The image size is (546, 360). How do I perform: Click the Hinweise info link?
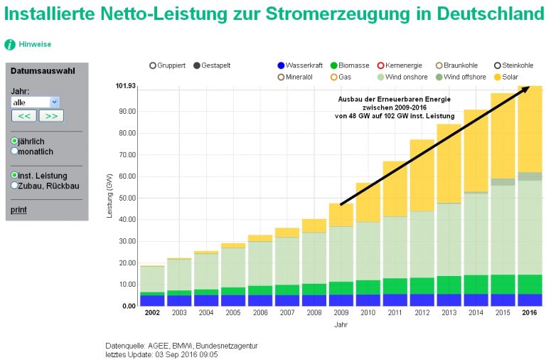[x=34, y=44]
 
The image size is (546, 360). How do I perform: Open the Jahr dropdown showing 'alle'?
[x=36, y=102]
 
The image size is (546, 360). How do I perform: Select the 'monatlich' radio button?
[x=15, y=152]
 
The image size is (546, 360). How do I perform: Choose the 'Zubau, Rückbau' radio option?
[x=15, y=186]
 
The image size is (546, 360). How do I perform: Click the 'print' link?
[x=18, y=209]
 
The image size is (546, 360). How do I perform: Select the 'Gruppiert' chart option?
[x=153, y=65]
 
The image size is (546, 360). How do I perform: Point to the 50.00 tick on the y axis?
[x=127, y=198]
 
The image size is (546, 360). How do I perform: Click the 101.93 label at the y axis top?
[x=125, y=86]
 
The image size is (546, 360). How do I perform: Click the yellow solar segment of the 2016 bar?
[x=530, y=128]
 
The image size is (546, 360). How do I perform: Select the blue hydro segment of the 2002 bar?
[x=152, y=300]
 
